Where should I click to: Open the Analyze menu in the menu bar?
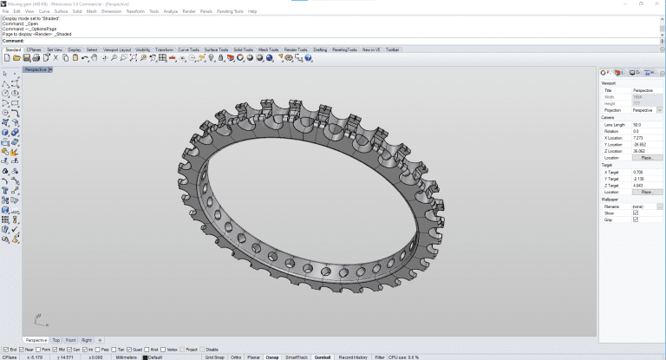[170, 11]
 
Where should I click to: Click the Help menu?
[252, 11]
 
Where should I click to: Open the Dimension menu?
[111, 11]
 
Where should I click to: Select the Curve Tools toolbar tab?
[188, 49]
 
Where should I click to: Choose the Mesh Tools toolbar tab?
[268, 49]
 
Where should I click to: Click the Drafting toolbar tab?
[320, 49]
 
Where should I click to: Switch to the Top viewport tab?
[55, 340]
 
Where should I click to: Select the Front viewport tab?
[70, 340]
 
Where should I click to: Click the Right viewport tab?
[87, 340]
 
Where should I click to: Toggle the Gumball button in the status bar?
[323, 357]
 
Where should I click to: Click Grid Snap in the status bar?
[214, 357]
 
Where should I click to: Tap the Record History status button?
[353, 357]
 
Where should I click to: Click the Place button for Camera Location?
[646, 157]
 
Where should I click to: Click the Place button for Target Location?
[646, 191]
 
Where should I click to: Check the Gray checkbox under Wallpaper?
[636, 219]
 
